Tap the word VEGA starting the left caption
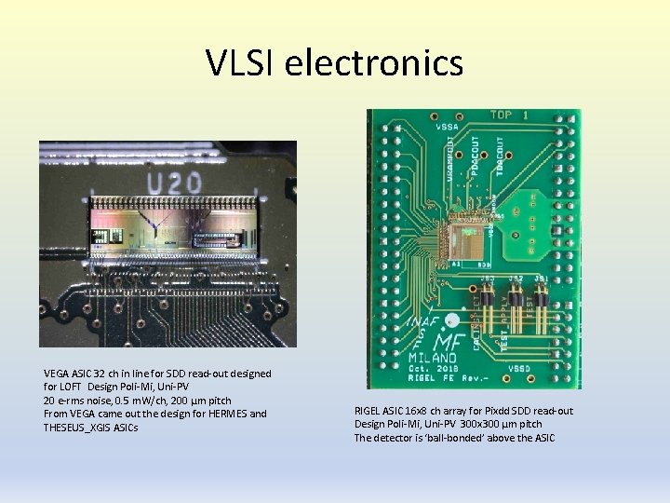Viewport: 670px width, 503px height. point(57,374)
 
